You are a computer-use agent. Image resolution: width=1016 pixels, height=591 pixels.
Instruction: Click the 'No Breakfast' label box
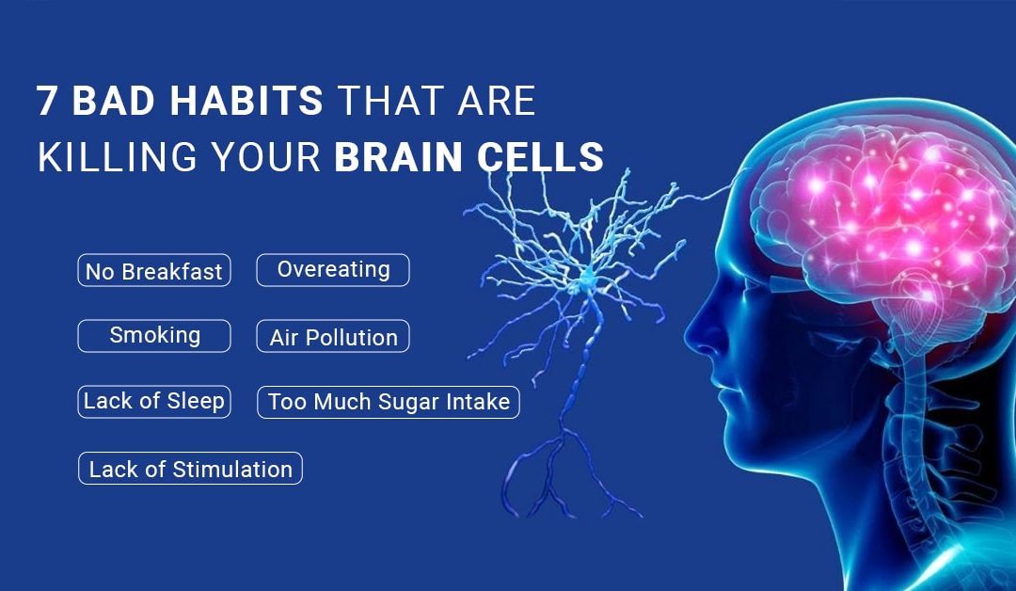point(154,271)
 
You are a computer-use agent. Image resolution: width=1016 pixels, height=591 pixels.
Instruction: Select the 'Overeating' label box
point(333,269)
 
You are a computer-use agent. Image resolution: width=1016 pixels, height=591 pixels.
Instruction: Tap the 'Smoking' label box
point(154,335)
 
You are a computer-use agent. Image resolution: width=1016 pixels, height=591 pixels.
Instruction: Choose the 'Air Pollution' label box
point(333,337)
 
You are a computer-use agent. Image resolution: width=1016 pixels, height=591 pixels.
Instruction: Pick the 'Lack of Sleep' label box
point(154,401)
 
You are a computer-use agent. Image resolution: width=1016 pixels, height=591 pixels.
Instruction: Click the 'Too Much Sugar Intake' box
point(389,403)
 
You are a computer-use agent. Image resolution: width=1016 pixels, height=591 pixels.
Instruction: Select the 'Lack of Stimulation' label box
point(190,469)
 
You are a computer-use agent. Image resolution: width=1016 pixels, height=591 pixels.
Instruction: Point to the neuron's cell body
point(585,278)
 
